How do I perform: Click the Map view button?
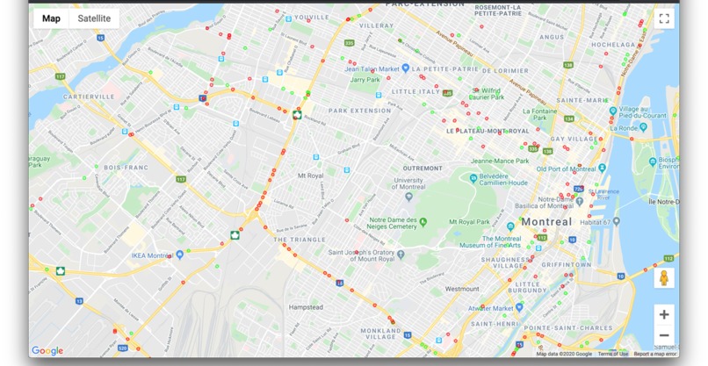[x=51, y=18]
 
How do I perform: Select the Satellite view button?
[x=94, y=18]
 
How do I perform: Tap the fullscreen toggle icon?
[x=664, y=18]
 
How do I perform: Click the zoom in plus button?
[x=664, y=314]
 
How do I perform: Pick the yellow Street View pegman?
[x=664, y=278]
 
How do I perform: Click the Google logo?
[x=47, y=351]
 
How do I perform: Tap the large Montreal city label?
[x=545, y=222]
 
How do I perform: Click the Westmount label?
[x=463, y=289]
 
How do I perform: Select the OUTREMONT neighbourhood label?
[x=423, y=168]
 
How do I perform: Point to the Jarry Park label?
[x=365, y=80]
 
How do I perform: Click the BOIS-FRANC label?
[x=123, y=167]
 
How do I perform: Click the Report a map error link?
[x=655, y=354]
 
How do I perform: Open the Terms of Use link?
[x=613, y=354]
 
